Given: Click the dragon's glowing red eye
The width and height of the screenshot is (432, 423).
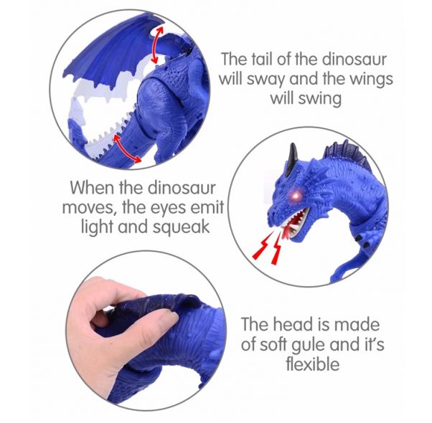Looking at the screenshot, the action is point(296,195).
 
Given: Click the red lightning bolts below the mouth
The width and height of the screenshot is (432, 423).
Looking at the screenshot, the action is point(267,248).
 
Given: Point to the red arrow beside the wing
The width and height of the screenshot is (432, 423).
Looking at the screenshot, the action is point(157,44).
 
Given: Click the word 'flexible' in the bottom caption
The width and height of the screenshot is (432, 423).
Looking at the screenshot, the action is point(312,363).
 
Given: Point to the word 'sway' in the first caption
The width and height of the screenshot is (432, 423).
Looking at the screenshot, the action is point(266,80).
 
